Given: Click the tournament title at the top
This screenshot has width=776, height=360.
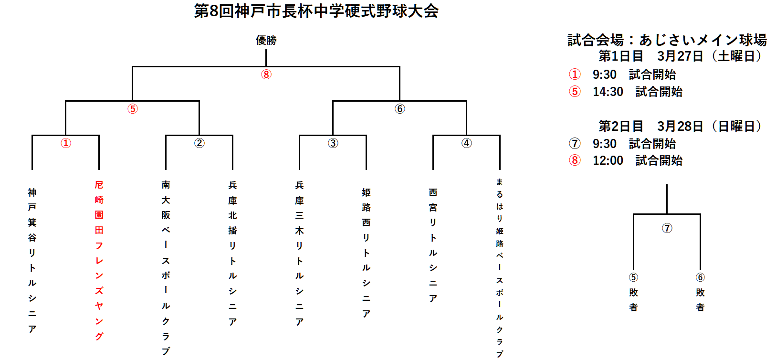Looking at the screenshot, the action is [x=316, y=11].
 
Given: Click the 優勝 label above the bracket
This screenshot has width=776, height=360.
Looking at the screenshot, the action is [x=266, y=40].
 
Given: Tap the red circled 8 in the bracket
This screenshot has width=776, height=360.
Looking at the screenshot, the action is [x=266, y=74].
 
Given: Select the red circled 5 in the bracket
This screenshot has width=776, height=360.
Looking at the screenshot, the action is [x=132, y=109].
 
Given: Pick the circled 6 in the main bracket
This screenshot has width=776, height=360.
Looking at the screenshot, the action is [x=400, y=109].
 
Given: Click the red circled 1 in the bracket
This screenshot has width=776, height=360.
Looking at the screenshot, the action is [x=66, y=143].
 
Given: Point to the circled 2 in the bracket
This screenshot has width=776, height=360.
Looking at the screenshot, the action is [x=199, y=143].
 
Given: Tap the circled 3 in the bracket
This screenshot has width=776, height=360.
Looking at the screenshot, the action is [x=333, y=143].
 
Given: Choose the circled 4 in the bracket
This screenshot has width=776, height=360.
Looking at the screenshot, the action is [x=467, y=143].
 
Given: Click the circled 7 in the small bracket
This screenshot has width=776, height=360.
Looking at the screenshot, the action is [x=667, y=228].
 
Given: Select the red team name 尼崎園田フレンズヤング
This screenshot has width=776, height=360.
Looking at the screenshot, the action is [x=99, y=261].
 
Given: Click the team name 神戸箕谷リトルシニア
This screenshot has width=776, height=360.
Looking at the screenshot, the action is [x=32, y=261].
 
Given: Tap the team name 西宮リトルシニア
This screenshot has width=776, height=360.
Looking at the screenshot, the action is [x=433, y=245].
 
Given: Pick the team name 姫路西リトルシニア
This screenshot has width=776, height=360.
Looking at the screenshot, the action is [x=366, y=253].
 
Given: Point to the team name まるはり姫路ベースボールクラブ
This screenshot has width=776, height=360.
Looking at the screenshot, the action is [x=500, y=268].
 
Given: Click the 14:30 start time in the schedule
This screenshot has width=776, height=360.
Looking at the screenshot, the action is [x=608, y=92].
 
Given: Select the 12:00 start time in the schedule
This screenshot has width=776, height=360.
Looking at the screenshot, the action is [x=608, y=160].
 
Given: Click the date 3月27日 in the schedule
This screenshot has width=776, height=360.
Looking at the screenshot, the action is [x=680, y=56].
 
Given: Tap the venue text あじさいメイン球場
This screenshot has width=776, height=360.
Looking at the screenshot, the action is [x=703, y=40].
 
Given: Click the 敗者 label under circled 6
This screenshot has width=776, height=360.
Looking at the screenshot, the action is [x=700, y=300].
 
